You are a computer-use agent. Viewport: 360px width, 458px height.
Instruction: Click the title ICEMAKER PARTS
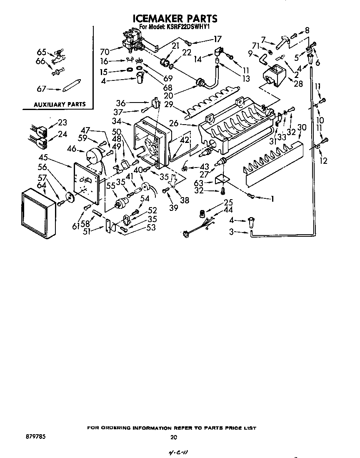point(175,18)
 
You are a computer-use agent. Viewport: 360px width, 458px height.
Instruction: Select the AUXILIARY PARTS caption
point(60,104)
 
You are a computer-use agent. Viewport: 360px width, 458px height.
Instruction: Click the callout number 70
point(105,52)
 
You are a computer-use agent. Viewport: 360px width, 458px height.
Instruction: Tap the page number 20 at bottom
point(174,437)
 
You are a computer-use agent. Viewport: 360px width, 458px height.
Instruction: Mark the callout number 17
point(217,40)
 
